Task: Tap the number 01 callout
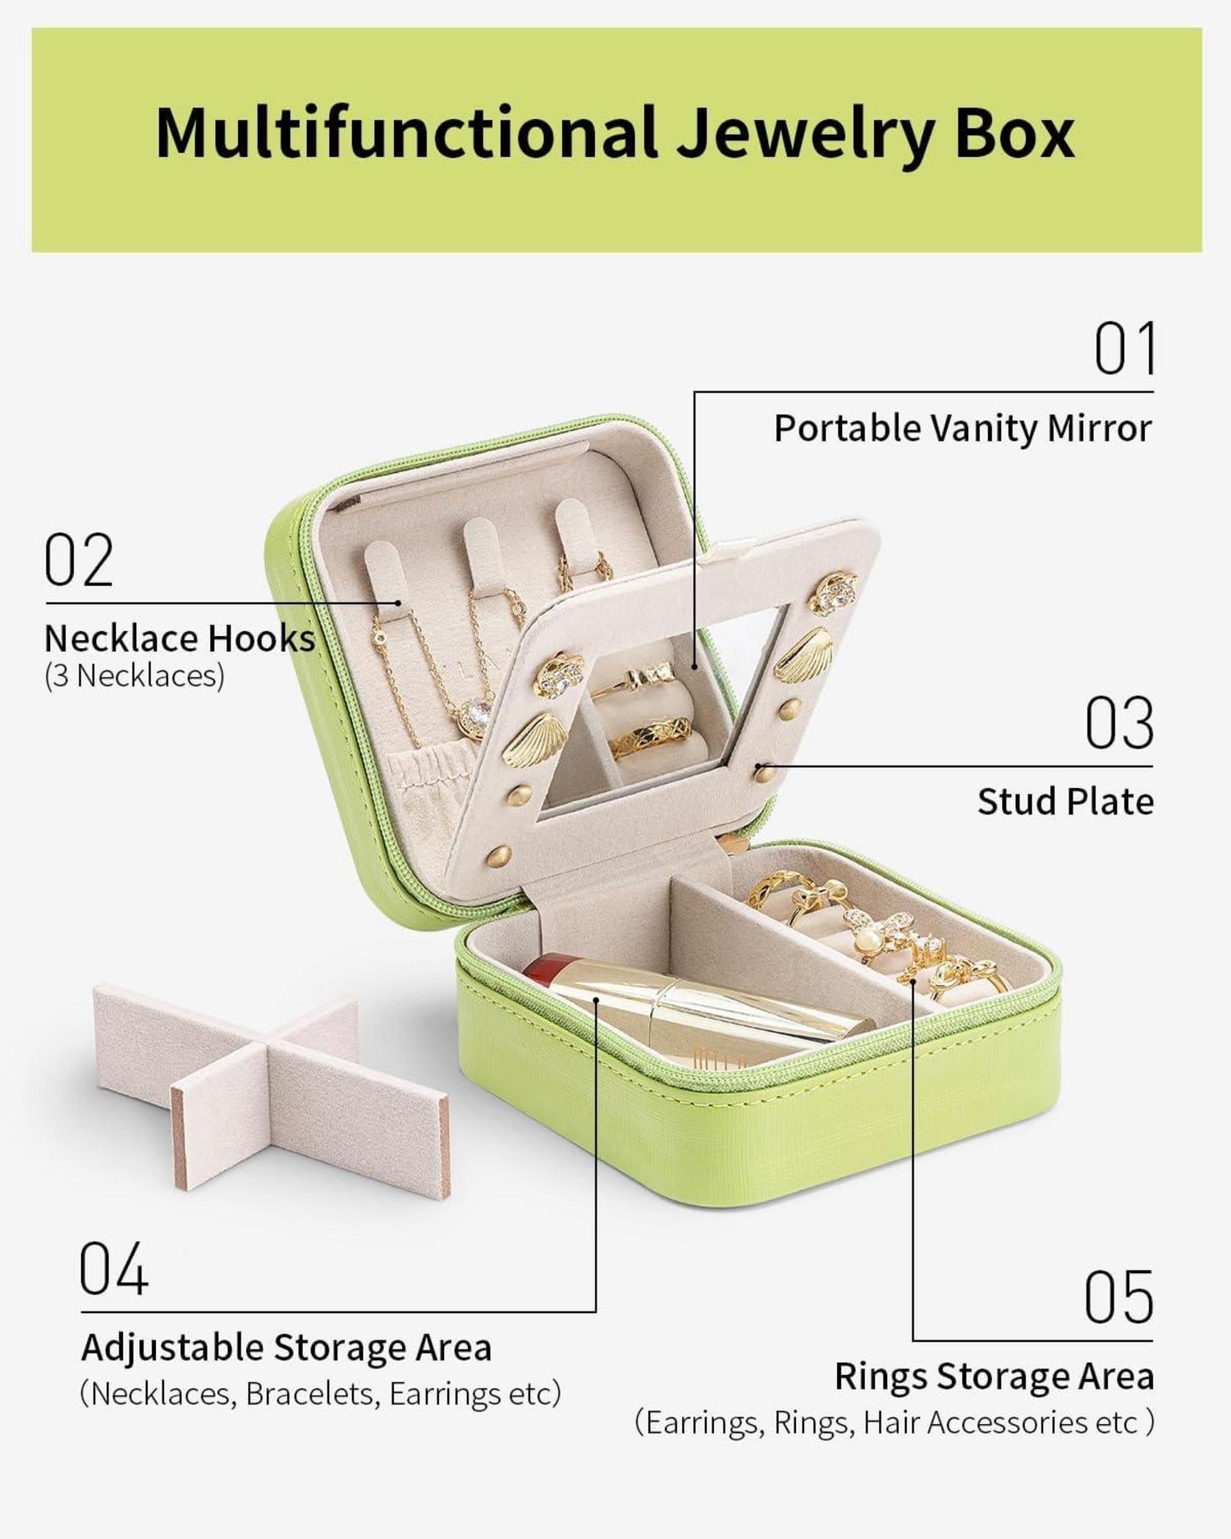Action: click(1125, 349)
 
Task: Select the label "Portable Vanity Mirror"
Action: click(963, 428)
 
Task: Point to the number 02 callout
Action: click(78, 560)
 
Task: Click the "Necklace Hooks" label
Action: click(180, 638)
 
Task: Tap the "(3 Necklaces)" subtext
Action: click(134, 676)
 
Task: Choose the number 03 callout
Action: click(1119, 723)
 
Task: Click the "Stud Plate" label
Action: click(1065, 802)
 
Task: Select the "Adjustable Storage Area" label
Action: click(286, 1348)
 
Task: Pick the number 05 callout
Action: click(1119, 1297)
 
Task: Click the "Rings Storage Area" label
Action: click(994, 1376)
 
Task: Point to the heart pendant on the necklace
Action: click(476, 712)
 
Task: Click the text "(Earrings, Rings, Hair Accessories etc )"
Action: click(894, 1422)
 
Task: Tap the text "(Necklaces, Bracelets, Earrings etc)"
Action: click(321, 1394)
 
